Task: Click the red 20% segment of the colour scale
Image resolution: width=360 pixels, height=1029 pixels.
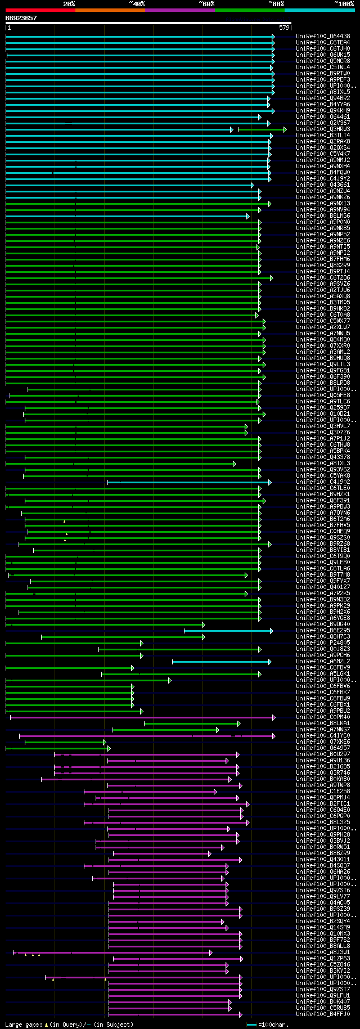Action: [40, 10]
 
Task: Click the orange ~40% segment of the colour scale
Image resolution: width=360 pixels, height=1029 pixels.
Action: [110, 10]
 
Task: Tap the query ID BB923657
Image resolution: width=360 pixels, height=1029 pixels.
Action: [21, 18]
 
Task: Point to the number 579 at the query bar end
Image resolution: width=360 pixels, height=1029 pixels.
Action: [283, 28]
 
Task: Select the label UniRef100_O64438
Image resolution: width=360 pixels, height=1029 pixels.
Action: [323, 36]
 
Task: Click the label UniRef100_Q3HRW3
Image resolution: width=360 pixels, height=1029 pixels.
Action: [323, 129]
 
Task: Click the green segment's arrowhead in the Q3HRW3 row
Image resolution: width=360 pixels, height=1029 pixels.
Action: [285, 129]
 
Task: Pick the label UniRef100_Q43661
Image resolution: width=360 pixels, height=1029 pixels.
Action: [323, 185]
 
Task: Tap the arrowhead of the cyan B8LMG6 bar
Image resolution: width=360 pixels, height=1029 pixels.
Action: [247, 216]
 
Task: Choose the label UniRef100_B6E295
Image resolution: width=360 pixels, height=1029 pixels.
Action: [323, 631]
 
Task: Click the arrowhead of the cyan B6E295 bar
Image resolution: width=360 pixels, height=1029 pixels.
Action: [271, 631]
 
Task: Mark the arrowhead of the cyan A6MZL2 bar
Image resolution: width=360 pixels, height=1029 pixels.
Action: [269, 662]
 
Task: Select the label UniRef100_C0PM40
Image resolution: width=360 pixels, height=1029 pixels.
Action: [323, 717]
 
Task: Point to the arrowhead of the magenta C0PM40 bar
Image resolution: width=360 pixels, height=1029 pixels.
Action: [274, 717]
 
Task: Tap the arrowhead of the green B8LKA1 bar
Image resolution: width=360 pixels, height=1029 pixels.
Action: [238, 724]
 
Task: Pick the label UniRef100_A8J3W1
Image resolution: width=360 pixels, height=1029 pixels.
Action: [323, 952]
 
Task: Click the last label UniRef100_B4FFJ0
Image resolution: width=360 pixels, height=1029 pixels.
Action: [323, 1014]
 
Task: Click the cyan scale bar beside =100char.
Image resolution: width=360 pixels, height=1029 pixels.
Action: [251, 1024]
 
